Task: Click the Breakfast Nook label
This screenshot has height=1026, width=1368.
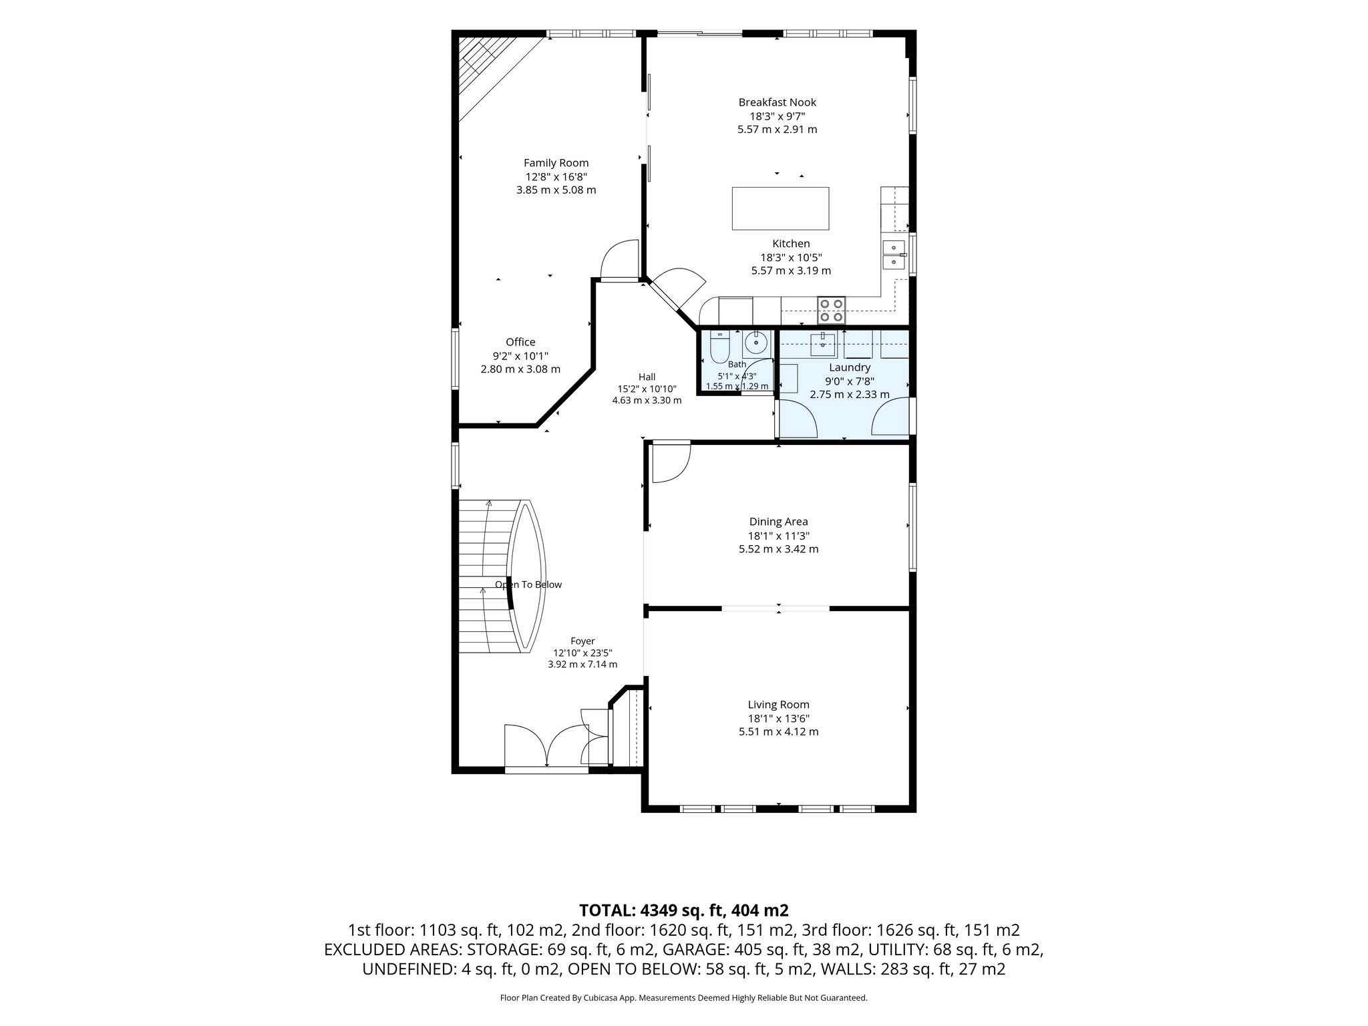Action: pos(777,102)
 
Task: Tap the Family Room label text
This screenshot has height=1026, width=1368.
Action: pos(556,163)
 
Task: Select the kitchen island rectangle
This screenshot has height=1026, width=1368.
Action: pos(780,208)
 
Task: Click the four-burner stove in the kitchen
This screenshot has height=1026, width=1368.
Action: pos(832,310)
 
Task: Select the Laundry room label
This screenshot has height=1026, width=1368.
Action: pos(850,367)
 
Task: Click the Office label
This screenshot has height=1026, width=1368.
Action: pos(520,342)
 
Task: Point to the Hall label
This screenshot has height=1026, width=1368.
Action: pos(647,377)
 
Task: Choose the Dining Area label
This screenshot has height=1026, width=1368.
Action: pos(778,522)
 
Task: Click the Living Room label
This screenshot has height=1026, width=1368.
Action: pos(778,705)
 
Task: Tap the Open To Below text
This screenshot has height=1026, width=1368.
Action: pos(528,585)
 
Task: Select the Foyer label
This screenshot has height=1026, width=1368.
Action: pos(582,641)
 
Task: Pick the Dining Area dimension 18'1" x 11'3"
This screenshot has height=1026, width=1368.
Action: pos(778,536)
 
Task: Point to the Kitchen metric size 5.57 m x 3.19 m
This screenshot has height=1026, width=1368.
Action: pos(791,271)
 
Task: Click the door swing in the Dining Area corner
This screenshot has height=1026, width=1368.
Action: pos(671,461)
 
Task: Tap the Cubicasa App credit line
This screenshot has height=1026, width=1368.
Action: pos(683,998)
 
